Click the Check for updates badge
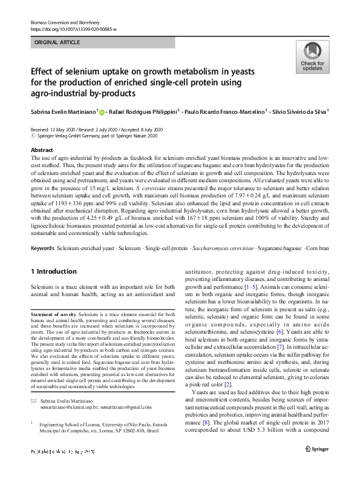pyautogui.click(x=312, y=58)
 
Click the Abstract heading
pyautogui.click(x=41, y=150)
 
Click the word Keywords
pyautogui.click(x=42, y=249)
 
